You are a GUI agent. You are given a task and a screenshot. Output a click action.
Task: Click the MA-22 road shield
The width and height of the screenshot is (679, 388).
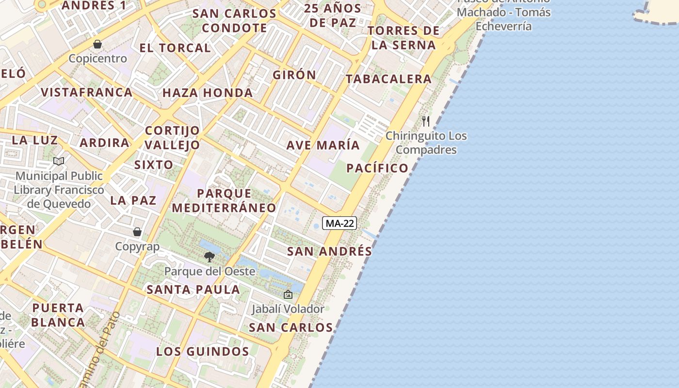click(x=339, y=223)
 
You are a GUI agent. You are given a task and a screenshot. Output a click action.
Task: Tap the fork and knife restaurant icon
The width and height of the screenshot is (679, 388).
click(x=426, y=121)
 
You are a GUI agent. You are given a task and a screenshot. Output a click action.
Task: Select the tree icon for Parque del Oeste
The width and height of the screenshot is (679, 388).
click(x=210, y=257)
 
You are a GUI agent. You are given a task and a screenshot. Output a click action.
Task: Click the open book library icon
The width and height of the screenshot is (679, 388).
click(x=59, y=161)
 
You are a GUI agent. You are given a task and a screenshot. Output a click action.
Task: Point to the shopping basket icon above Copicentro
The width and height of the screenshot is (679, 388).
click(x=97, y=44)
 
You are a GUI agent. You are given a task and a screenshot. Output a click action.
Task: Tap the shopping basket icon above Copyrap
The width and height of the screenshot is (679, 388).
click(x=137, y=232)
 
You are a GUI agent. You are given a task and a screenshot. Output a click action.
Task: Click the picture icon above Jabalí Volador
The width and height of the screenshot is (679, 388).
click(x=288, y=294)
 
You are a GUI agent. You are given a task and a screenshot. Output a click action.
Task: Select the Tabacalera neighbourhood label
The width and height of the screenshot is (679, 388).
click(x=388, y=79)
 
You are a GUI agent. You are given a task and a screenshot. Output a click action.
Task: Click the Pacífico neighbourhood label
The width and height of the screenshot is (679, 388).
click(x=377, y=168)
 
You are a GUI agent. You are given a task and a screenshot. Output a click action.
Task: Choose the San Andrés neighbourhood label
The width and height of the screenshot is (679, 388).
click(x=329, y=251)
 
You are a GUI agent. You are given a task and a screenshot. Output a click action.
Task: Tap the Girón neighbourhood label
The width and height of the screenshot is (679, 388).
click(x=294, y=75)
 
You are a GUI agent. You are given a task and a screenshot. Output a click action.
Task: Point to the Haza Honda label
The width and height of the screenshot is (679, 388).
click(x=208, y=93)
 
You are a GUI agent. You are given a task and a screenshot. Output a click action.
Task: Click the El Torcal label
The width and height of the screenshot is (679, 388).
click(x=175, y=48)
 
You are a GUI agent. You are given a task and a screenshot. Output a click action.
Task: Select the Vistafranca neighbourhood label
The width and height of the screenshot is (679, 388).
click(x=86, y=92)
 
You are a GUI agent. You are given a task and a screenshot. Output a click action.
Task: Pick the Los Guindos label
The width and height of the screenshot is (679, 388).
click(x=203, y=352)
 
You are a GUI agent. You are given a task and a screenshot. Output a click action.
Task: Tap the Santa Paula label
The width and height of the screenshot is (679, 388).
click(x=194, y=290)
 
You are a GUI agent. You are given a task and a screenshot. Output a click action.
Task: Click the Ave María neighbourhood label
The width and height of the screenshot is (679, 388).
click(x=323, y=145)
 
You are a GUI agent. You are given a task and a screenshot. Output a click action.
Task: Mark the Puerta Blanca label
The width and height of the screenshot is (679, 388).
click(x=58, y=315)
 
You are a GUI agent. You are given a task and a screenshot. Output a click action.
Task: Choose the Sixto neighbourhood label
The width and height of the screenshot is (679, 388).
click(x=154, y=164)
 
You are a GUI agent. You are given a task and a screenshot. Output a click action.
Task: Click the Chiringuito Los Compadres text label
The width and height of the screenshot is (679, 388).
click(x=426, y=143)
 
